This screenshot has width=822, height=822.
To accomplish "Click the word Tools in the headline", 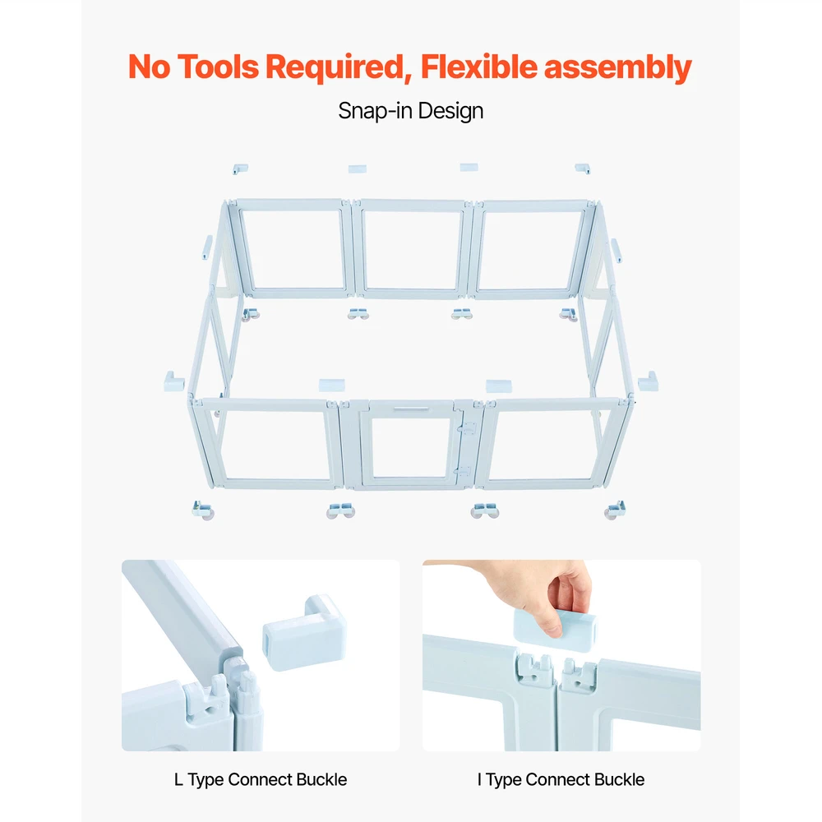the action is [218, 67].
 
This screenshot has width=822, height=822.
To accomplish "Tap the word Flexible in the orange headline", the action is [478, 67].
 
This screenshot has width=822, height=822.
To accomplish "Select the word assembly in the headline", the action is [617, 68].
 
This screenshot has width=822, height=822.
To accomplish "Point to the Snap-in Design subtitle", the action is [410, 111].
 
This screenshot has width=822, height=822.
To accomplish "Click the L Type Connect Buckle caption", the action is [261, 779].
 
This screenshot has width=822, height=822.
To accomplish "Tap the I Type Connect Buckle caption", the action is [561, 779].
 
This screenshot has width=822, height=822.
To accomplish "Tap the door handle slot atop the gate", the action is [411, 409].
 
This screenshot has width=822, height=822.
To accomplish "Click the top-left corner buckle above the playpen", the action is [240, 169].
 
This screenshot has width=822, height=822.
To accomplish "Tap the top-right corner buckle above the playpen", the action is [583, 169].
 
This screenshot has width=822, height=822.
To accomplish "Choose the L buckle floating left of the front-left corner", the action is [173, 381].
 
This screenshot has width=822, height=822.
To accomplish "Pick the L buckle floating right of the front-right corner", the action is [648, 381].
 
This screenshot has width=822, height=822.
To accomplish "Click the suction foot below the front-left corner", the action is [203, 510].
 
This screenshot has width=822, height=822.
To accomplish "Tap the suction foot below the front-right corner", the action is [615, 510].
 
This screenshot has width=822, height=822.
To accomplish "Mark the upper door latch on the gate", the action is [465, 430].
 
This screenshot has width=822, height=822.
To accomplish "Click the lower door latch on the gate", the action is [462, 471].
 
